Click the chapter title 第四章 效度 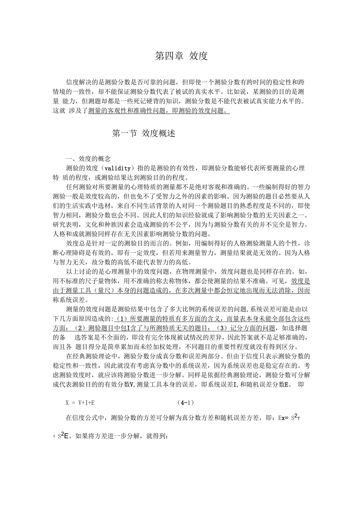click(181, 56)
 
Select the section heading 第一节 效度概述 click(143, 133)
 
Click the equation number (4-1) click(185, 403)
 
